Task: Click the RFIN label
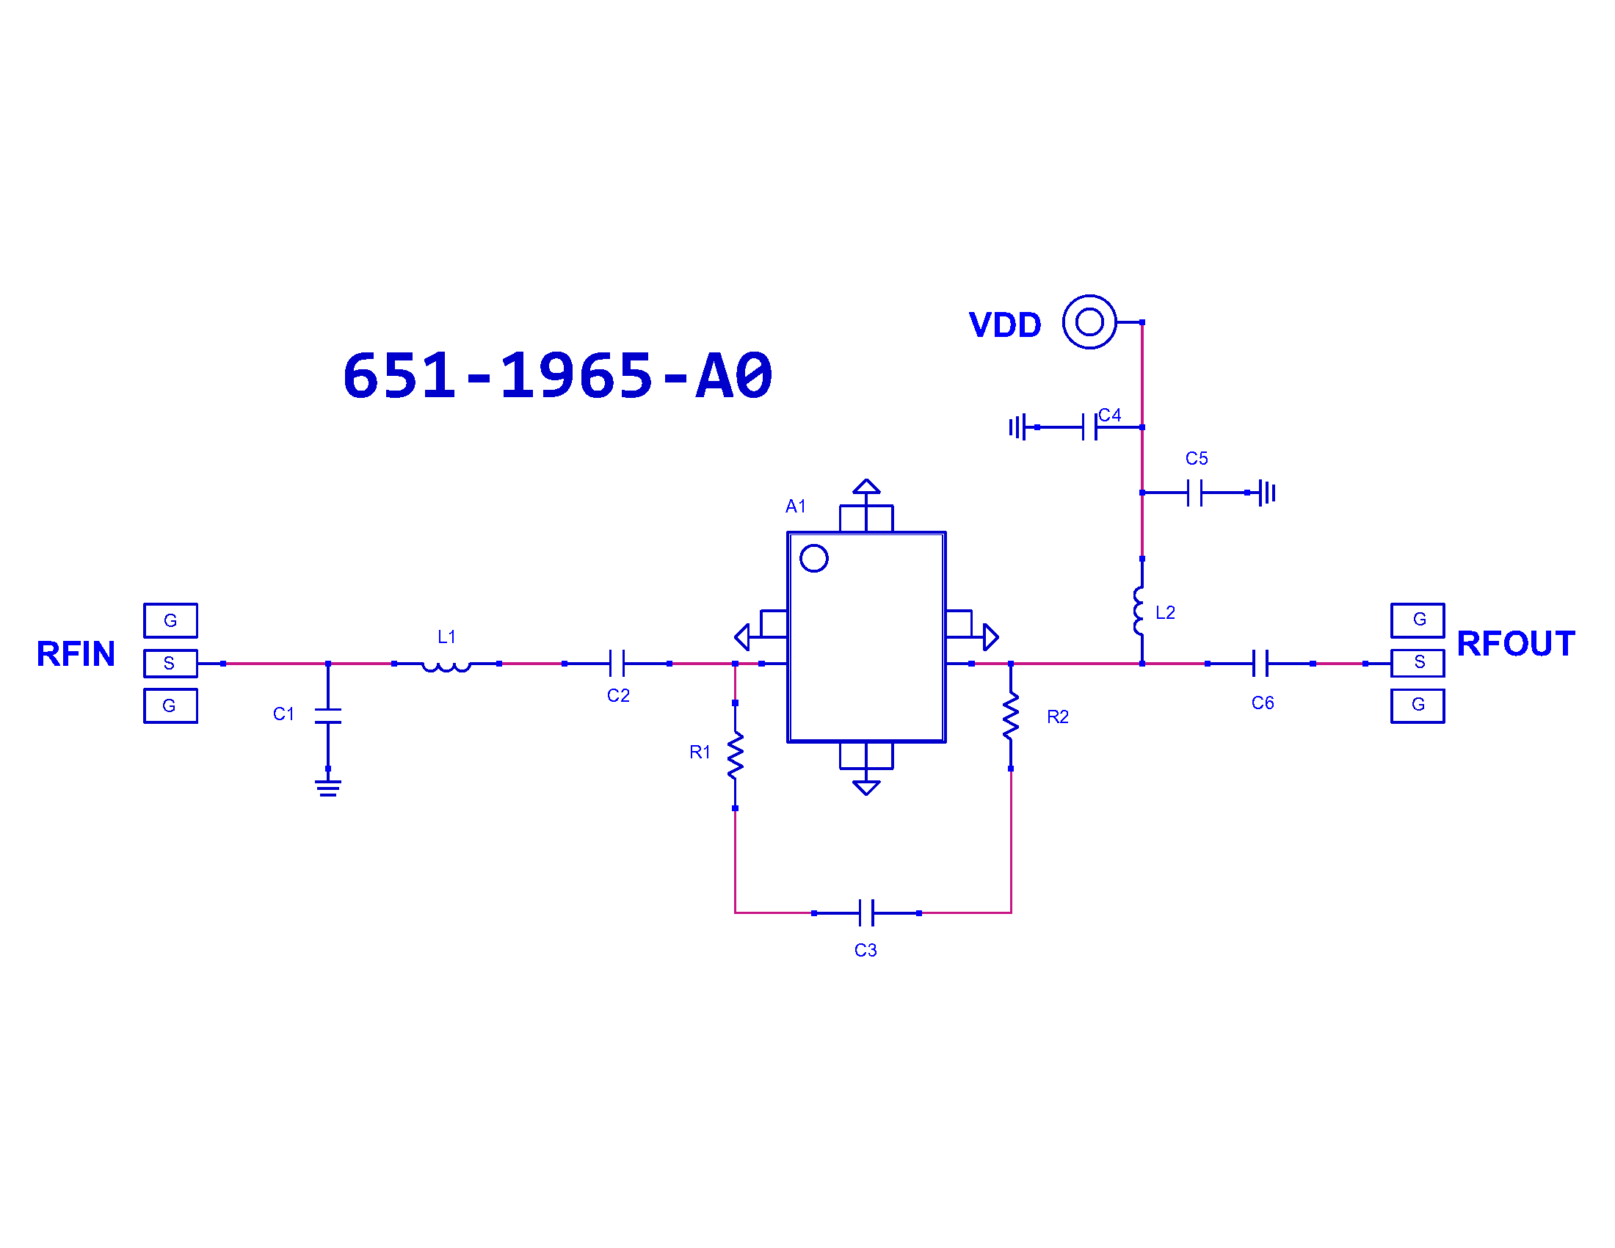(76, 653)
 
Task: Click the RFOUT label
(1515, 643)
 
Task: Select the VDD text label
(1005, 324)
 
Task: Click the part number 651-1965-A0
(558, 376)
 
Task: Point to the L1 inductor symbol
(446, 666)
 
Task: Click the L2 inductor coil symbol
(1138, 612)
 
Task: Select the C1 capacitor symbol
(327, 716)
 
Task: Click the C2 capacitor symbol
(617, 663)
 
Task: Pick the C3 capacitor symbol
(866, 913)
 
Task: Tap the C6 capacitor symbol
(1260, 663)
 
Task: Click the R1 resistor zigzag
(735, 755)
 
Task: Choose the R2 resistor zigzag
(1010, 716)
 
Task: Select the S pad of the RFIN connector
(170, 663)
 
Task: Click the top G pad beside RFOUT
(1417, 620)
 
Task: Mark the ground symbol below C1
(327, 788)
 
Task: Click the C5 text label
(1196, 458)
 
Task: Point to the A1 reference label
(795, 506)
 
